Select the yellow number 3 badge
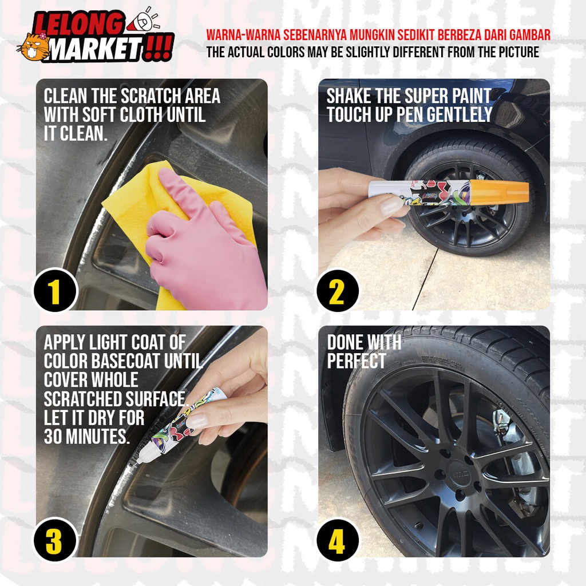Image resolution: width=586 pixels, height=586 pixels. click(54, 539)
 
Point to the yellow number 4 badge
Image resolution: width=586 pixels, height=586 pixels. click(338, 539)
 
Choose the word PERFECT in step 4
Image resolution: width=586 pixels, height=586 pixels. click(356, 362)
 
